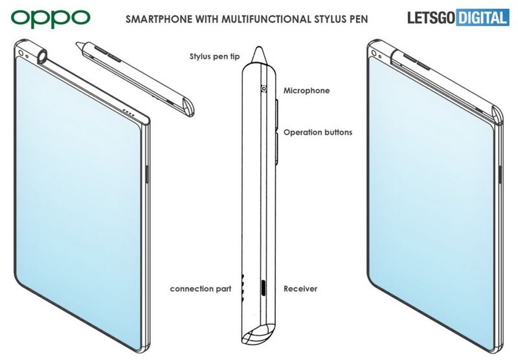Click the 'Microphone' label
(x=306, y=91)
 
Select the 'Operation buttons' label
(x=318, y=132)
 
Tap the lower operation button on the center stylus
(x=277, y=146)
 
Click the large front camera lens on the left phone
(x=24, y=54)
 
